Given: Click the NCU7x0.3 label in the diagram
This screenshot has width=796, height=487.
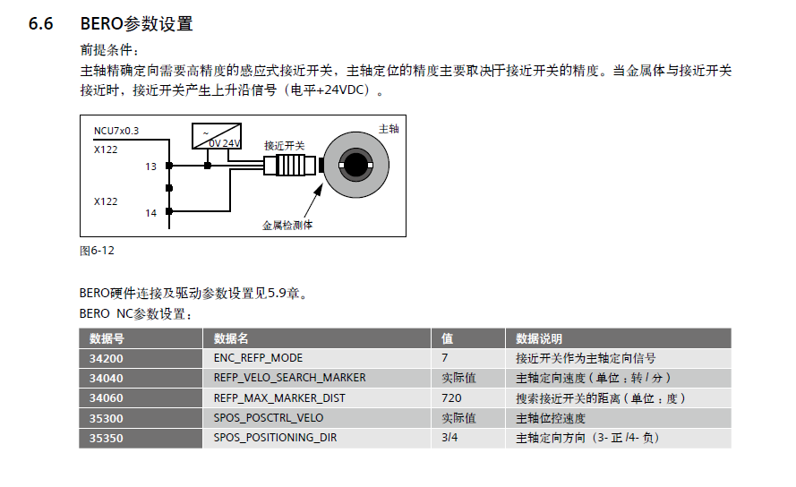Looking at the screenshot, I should (116, 131).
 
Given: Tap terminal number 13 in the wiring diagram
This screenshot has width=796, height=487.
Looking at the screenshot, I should (151, 167).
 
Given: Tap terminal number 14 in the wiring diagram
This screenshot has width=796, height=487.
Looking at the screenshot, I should (151, 213).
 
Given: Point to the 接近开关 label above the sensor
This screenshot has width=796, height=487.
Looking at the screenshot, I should (284, 145).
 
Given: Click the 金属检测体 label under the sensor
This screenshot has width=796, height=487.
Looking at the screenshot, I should (287, 226).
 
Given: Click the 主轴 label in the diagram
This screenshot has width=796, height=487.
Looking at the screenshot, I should (389, 129).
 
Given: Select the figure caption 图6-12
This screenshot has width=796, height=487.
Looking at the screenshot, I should (98, 251).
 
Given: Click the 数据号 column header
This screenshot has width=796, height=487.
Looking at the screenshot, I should (107, 338).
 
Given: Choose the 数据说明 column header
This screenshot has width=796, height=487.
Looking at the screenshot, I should (539, 338).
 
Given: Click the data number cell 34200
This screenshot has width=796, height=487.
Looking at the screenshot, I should (107, 358).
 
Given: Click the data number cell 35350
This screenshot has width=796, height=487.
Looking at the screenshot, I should (107, 438).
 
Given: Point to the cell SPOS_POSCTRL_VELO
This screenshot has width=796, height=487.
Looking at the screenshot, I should (269, 418).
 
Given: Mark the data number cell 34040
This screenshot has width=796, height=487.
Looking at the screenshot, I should (107, 378).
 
